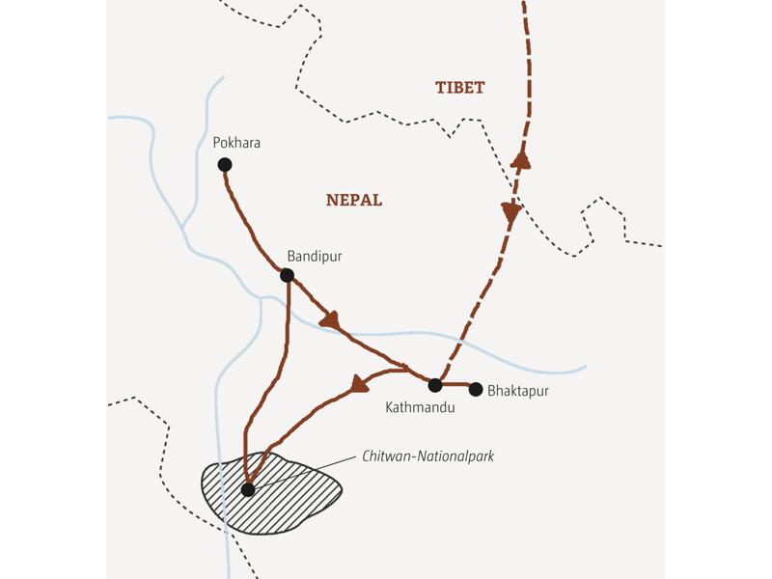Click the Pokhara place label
pos(236,143)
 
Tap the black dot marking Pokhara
pos(225,165)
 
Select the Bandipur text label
pos(315,257)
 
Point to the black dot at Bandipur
pos(287,275)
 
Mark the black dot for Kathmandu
pos(435,385)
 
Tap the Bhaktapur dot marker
pos(475,389)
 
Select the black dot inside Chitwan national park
pos(248,489)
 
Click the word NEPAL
pos(354,201)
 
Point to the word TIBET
pos(460,88)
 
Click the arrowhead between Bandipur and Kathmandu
pos(331,319)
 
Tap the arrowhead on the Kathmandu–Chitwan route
pos(360,384)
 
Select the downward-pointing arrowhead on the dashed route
pos(510,213)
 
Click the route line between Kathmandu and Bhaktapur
pos(455,386)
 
